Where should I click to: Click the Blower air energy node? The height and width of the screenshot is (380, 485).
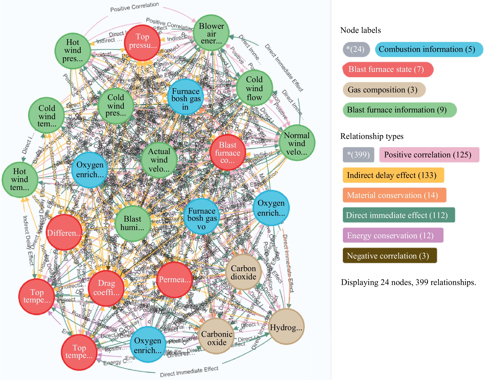211,33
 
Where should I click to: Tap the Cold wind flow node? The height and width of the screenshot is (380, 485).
254,88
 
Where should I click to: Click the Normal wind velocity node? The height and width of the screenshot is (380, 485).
297,143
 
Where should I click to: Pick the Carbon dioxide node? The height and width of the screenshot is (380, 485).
243,272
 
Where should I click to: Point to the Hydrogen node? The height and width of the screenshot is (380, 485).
286,327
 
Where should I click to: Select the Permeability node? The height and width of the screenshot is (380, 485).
174,279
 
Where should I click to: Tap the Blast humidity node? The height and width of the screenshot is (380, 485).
132,223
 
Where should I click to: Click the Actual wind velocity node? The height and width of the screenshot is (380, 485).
159,160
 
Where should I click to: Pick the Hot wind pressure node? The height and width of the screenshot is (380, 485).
73,51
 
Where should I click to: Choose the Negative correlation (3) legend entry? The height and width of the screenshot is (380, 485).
390,256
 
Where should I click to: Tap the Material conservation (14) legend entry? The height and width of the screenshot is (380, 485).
394,195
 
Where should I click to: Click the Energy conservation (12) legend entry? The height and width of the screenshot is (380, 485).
393,235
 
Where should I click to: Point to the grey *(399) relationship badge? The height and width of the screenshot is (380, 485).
358,155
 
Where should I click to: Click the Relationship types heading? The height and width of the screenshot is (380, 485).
372,136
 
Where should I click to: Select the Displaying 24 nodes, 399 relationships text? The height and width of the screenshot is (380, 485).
408,282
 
